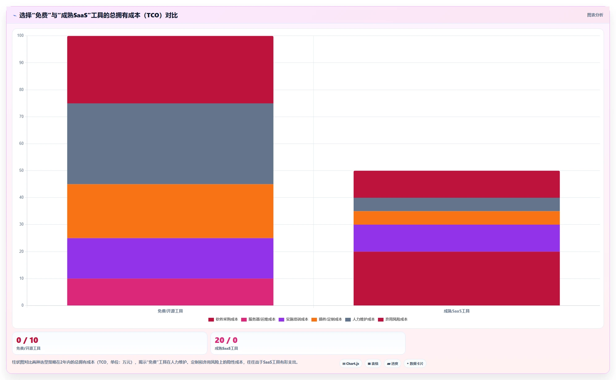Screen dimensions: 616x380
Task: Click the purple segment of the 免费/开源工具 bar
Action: click(x=170, y=258)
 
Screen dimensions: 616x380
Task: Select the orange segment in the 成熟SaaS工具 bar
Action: click(x=457, y=218)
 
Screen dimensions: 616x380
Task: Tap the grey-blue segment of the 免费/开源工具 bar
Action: click(x=170, y=144)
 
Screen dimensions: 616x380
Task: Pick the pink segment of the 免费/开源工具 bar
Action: click(x=170, y=292)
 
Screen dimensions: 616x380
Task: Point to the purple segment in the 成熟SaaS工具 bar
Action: click(x=457, y=238)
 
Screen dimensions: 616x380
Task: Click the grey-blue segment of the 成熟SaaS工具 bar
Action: click(x=457, y=204)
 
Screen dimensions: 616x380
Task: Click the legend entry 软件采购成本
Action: click(x=223, y=319)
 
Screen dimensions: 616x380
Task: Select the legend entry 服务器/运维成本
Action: click(x=258, y=319)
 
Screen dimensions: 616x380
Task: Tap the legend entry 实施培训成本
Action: click(x=293, y=319)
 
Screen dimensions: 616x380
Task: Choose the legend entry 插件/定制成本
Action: click(x=327, y=319)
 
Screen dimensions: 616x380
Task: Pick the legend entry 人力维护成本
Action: click(x=360, y=319)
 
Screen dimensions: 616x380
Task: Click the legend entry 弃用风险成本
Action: click(x=393, y=319)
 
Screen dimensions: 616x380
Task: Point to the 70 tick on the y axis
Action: click(x=21, y=117)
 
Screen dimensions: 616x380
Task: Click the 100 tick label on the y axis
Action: click(x=20, y=36)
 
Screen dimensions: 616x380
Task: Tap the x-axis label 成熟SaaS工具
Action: click(x=457, y=311)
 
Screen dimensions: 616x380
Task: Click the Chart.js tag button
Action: click(x=351, y=364)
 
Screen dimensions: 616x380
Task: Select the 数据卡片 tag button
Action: click(x=415, y=364)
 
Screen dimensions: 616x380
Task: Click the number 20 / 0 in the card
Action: click(x=226, y=340)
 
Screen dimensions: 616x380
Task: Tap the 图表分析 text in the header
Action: click(x=595, y=15)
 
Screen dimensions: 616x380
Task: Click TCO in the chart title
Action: click(x=153, y=15)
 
